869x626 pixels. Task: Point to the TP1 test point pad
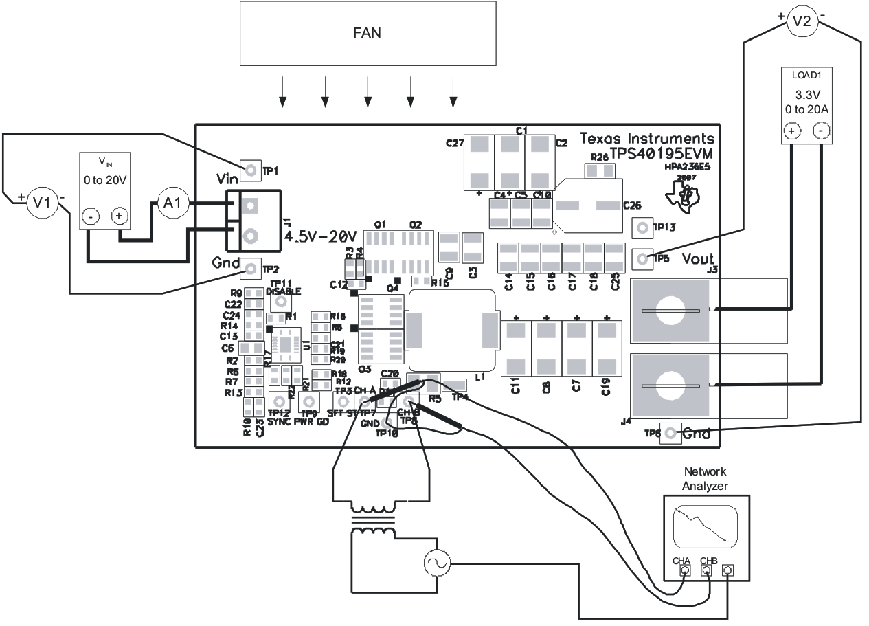(251, 170)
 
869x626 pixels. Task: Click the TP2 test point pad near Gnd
(251, 268)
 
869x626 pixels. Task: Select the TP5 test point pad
(642, 258)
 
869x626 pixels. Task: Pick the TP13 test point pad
(642, 227)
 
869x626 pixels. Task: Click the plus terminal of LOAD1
(791, 131)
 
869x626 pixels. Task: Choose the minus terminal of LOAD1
(822, 131)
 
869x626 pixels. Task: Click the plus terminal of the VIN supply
(120, 216)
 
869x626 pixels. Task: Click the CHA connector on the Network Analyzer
(684, 570)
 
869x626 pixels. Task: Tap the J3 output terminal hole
(671, 311)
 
